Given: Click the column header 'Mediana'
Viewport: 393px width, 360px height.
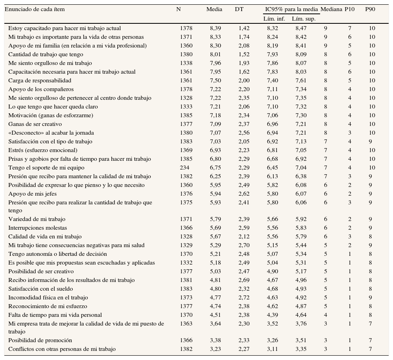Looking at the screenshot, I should [x=331, y=9].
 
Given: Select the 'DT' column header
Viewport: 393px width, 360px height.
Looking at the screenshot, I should [x=239, y=9].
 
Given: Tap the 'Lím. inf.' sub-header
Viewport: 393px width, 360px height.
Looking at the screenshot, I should [x=274, y=19].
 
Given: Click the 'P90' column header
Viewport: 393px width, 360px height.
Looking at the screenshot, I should [x=370, y=9].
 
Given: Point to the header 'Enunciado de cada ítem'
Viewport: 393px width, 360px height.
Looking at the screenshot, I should [x=34, y=9].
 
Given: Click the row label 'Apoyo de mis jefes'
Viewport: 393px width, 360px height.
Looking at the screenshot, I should [x=32, y=194].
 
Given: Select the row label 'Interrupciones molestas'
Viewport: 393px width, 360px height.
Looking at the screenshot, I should [x=38, y=228].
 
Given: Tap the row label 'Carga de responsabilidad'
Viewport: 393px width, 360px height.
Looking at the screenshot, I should [x=40, y=80].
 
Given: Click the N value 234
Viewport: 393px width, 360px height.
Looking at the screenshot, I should [x=184, y=168].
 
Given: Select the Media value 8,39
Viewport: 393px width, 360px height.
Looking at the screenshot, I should [x=216, y=28].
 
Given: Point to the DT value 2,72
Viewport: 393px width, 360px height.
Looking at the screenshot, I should [x=244, y=297].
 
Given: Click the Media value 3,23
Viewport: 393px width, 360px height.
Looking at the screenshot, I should [x=216, y=349].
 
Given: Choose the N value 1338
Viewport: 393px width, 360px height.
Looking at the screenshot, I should [x=186, y=63].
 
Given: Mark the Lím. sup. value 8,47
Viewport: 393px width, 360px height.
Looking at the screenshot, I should [x=301, y=28].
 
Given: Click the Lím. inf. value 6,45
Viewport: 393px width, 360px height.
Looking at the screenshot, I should [x=273, y=168].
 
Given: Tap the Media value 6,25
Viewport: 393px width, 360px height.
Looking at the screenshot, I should [x=216, y=176].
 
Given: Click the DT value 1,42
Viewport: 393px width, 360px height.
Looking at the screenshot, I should [x=244, y=28].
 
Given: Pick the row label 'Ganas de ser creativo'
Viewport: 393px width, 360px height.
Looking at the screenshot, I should [x=35, y=124].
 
